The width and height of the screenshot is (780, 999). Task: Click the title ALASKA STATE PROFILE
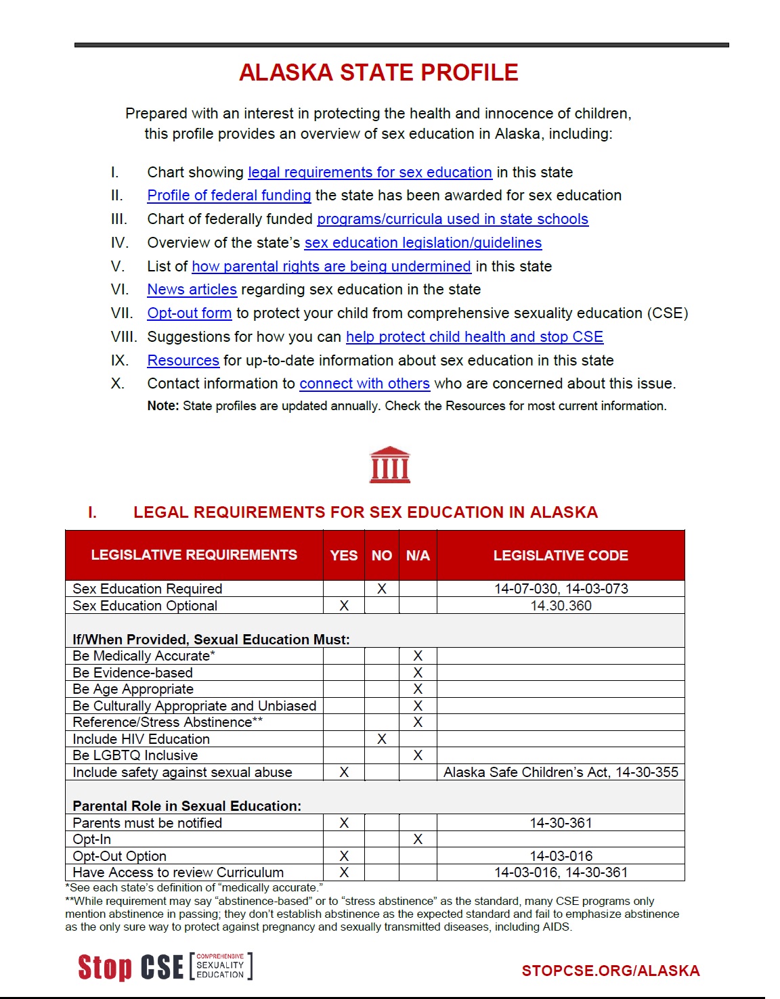[x=378, y=72]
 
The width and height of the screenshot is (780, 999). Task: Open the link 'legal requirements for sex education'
[x=370, y=173]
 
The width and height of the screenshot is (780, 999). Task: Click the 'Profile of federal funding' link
[x=229, y=196]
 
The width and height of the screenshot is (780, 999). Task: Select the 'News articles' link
[x=192, y=290]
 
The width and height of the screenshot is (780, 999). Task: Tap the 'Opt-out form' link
[x=190, y=313]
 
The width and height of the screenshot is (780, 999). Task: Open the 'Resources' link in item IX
[x=183, y=361]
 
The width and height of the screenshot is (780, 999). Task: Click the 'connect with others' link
[x=364, y=384]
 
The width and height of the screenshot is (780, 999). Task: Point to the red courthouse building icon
[x=390, y=465]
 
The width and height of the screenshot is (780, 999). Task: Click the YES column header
[x=344, y=556]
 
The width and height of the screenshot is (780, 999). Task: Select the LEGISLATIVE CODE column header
[x=561, y=556]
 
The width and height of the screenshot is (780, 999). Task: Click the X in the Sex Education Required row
[x=382, y=589]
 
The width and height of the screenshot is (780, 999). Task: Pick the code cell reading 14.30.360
[x=561, y=606]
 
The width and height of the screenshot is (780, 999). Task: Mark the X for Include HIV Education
[x=382, y=739]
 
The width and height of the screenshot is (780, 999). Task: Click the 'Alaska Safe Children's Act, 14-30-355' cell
[x=561, y=772]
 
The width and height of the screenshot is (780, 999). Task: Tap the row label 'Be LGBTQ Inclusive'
[x=135, y=755]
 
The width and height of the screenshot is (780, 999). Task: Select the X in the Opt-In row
[x=418, y=839]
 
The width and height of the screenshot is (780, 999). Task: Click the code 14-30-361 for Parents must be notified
[x=561, y=823]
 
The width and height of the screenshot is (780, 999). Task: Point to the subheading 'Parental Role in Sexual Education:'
[x=187, y=806]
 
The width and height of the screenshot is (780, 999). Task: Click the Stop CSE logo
[x=165, y=967]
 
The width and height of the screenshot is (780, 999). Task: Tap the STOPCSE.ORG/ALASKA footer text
[x=611, y=971]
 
